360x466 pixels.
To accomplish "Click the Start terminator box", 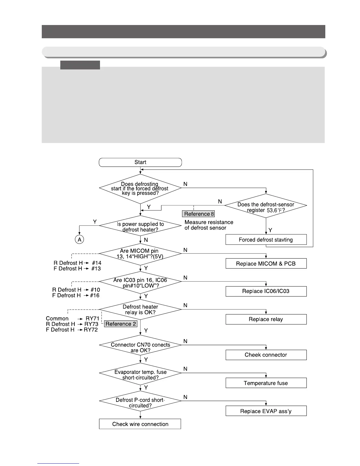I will (140, 162).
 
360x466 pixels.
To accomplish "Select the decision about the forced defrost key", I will (140, 188).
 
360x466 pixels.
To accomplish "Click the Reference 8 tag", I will (199, 214).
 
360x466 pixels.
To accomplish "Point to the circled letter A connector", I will (79, 239).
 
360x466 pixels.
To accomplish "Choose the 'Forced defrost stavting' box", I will (266, 239).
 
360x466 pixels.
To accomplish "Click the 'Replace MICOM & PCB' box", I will (266, 264).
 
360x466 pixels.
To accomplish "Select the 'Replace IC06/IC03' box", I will (266, 291).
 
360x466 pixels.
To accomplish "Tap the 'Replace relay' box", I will (266, 319).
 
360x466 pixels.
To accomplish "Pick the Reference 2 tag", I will (121, 324).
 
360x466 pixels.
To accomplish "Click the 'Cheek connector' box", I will (266, 355).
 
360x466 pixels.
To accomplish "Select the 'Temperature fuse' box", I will (266, 383).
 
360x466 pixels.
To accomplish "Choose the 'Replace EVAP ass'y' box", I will (266, 411).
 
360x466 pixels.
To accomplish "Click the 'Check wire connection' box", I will (140, 424).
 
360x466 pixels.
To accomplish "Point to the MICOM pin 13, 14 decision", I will (140, 253).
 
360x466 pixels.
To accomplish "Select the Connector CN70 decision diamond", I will (140, 347).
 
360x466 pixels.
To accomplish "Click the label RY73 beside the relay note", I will (91, 324).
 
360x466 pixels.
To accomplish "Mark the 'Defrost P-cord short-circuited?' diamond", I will (140, 402).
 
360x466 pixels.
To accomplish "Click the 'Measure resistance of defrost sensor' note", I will (209, 225).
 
